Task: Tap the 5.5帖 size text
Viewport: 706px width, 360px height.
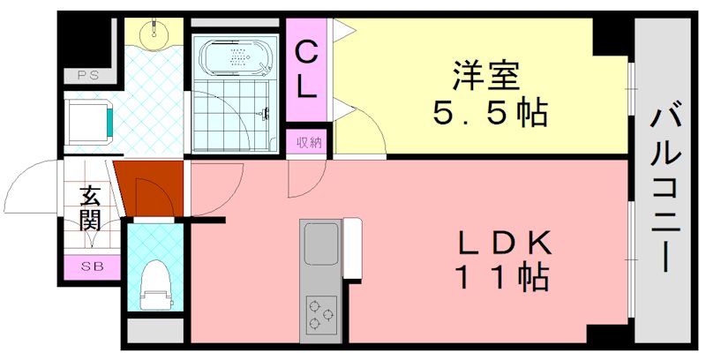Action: click(488, 114)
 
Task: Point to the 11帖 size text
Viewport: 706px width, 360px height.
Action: click(501, 279)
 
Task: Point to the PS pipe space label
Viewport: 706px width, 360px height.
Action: click(87, 75)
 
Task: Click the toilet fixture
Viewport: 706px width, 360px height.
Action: click(155, 284)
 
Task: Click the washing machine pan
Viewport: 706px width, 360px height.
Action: click(88, 120)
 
